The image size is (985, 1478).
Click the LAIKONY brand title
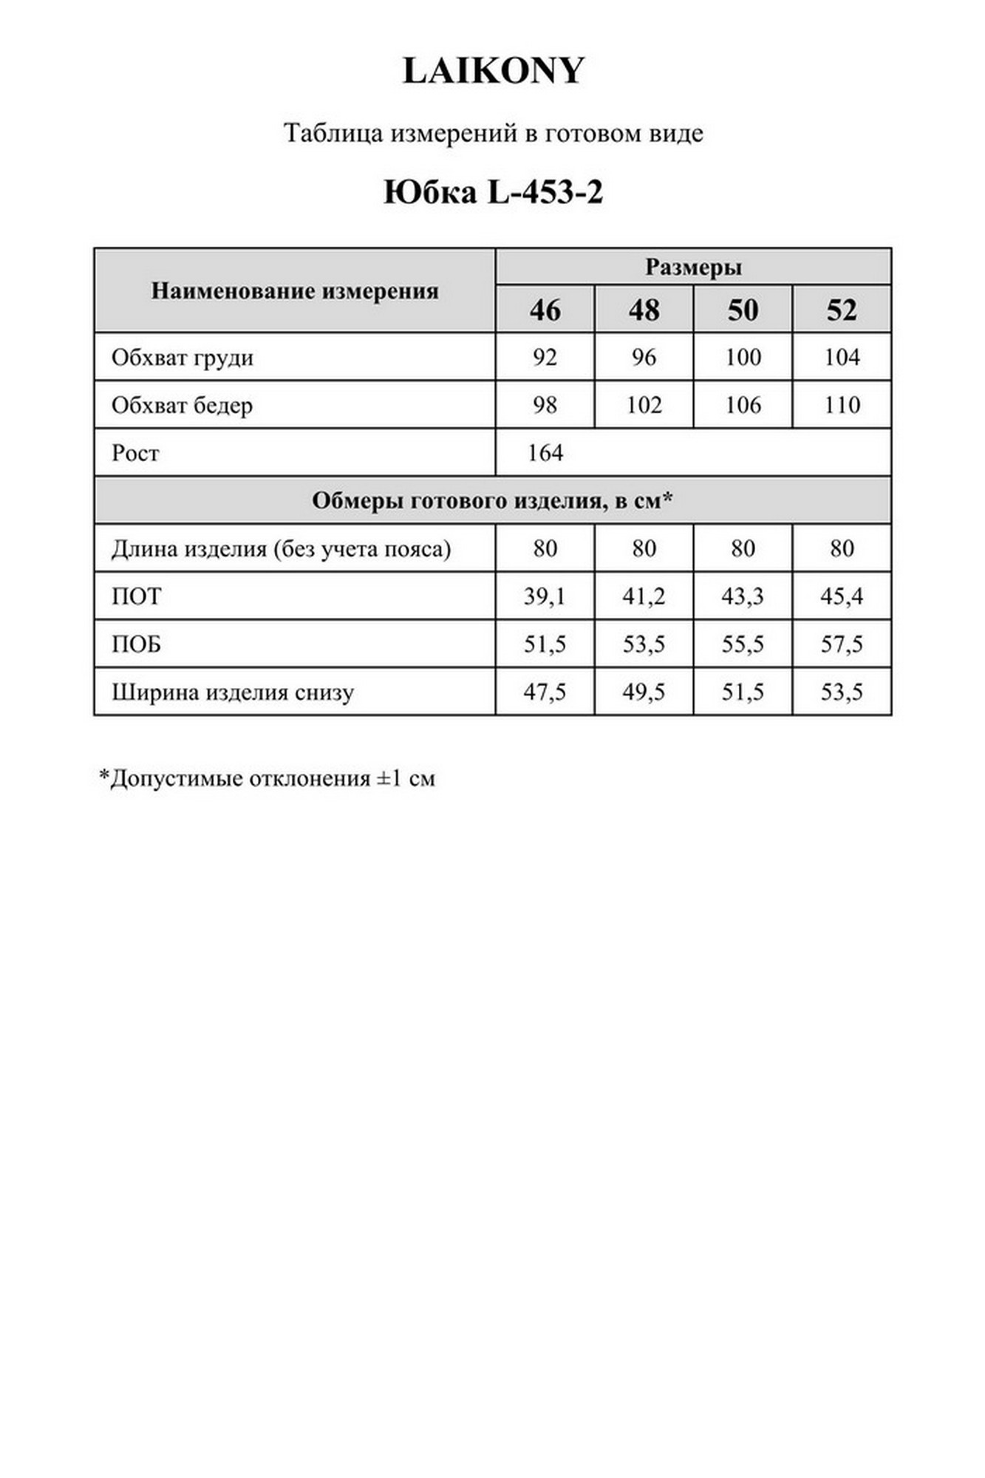coord(493,72)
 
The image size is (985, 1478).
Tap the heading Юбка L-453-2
coord(493,193)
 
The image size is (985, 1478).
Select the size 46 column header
coord(545,310)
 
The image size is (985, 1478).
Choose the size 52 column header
coord(841,310)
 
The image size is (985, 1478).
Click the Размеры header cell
coord(693,268)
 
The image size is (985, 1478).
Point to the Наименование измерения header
coord(295,291)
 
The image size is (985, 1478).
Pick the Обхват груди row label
coord(183,358)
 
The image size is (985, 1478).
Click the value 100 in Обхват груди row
coord(743,358)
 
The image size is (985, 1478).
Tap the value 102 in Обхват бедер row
coord(644,405)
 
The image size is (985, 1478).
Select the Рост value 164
coord(545,453)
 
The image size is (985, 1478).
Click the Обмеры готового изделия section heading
coord(492,501)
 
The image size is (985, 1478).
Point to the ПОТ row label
coord(136,596)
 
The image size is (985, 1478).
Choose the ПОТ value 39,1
coord(545,596)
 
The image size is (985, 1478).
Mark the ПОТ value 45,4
coord(841,596)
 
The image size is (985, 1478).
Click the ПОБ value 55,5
coord(743,644)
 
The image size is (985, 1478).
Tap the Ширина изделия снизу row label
coord(233,692)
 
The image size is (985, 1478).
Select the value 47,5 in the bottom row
coord(545,692)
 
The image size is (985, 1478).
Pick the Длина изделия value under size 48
coord(644,548)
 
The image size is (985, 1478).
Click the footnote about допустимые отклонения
coord(267,778)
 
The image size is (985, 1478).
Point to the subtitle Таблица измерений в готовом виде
coord(493,134)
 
